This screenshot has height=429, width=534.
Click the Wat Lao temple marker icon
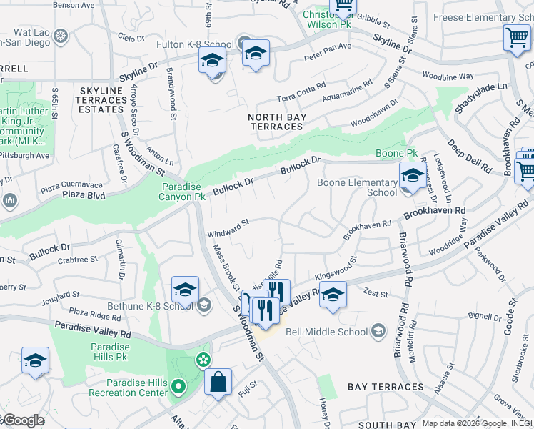(x=61, y=34)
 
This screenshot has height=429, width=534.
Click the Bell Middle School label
(x=326, y=331)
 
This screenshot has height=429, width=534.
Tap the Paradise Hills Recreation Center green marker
(x=178, y=388)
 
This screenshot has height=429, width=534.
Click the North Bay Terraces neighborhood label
(x=276, y=122)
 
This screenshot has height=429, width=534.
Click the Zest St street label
(x=375, y=294)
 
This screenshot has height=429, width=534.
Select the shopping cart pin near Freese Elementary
(x=516, y=37)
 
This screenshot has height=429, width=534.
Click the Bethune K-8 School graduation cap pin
(x=185, y=290)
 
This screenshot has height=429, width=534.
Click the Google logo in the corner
(x=23, y=420)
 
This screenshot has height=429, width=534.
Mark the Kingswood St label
(x=335, y=271)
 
